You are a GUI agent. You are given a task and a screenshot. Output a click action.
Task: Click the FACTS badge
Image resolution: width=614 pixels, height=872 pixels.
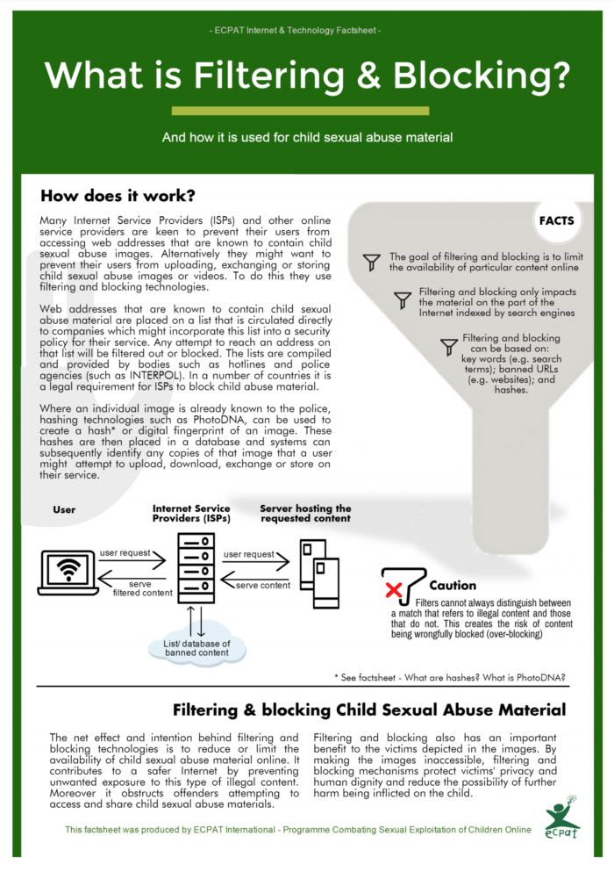(557, 220)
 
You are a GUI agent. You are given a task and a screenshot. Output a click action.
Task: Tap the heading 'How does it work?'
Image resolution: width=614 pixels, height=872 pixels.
(118, 195)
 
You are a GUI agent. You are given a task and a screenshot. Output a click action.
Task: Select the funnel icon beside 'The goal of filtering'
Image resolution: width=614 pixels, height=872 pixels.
(372, 261)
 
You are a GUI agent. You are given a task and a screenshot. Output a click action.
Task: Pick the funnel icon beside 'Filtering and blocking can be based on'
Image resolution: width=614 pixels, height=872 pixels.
(448, 346)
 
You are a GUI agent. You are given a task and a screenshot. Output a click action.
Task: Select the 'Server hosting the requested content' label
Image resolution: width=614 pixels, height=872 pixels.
(305, 513)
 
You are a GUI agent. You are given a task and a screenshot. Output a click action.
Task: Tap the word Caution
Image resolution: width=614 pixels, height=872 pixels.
(453, 585)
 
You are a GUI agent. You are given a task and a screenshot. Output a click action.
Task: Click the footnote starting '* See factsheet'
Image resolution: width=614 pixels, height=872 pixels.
(449, 677)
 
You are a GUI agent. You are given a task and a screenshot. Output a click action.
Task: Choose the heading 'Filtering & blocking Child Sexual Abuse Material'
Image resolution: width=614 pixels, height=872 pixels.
(368, 710)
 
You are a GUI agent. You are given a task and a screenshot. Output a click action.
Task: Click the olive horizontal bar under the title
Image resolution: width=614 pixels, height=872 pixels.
(300, 111)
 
